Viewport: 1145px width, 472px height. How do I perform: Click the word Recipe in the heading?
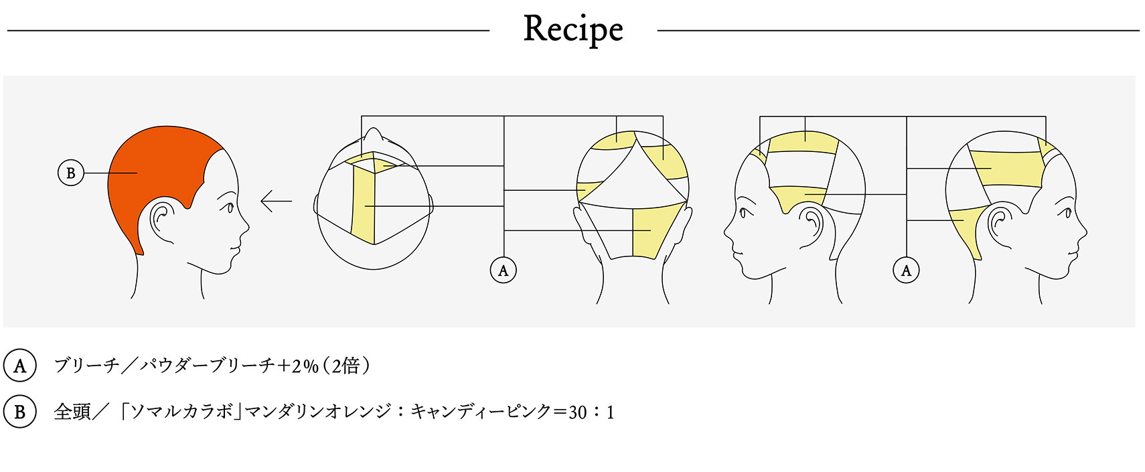[573, 30]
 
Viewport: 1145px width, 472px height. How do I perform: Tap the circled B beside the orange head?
[71, 173]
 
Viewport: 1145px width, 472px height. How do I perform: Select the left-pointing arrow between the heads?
[276, 201]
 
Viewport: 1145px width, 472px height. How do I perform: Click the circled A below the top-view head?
[504, 270]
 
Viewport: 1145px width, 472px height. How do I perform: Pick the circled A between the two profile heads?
[906, 270]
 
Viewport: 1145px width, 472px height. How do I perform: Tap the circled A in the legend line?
[20, 366]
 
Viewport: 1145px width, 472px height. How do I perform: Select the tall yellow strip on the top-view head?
[363, 204]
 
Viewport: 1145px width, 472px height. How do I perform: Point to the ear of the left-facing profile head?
[812, 221]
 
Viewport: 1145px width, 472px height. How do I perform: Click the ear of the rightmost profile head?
[999, 221]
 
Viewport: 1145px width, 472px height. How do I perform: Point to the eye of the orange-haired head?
[229, 208]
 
